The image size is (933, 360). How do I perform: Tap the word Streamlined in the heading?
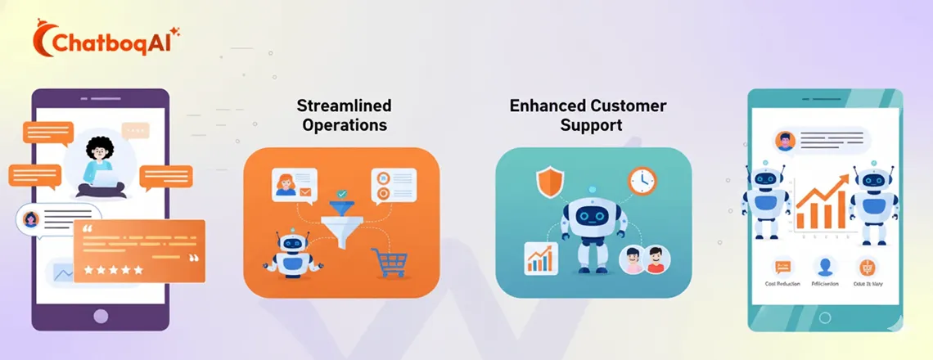pyautogui.click(x=344, y=106)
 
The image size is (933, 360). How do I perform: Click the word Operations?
pyautogui.click(x=344, y=125)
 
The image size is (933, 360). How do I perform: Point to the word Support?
pyautogui.click(x=592, y=125)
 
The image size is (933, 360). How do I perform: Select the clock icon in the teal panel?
pyautogui.click(x=642, y=181)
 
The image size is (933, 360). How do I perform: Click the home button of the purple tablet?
pyautogui.click(x=100, y=315)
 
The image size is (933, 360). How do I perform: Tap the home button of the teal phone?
pyautogui.click(x=825, y=317)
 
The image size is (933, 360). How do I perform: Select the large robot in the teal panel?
pyautogui.click(x=592, y=224)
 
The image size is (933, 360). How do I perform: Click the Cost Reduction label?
pyautogui.click(x=782, y=284)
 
